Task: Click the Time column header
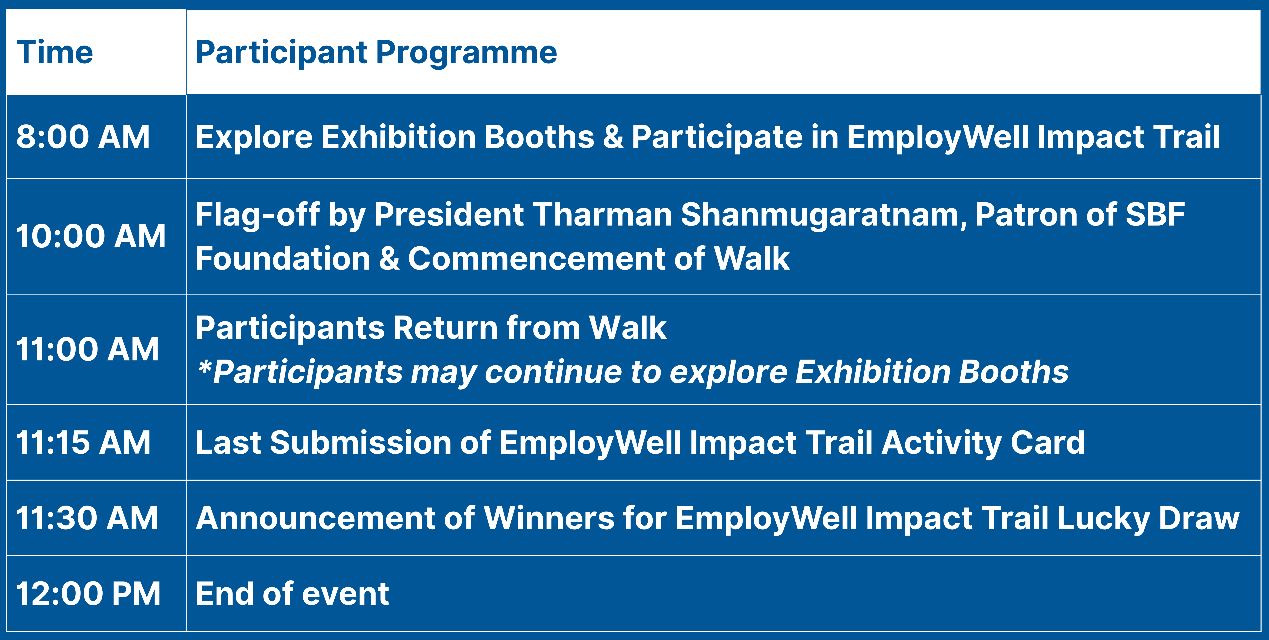55,52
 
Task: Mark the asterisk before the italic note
205,366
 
